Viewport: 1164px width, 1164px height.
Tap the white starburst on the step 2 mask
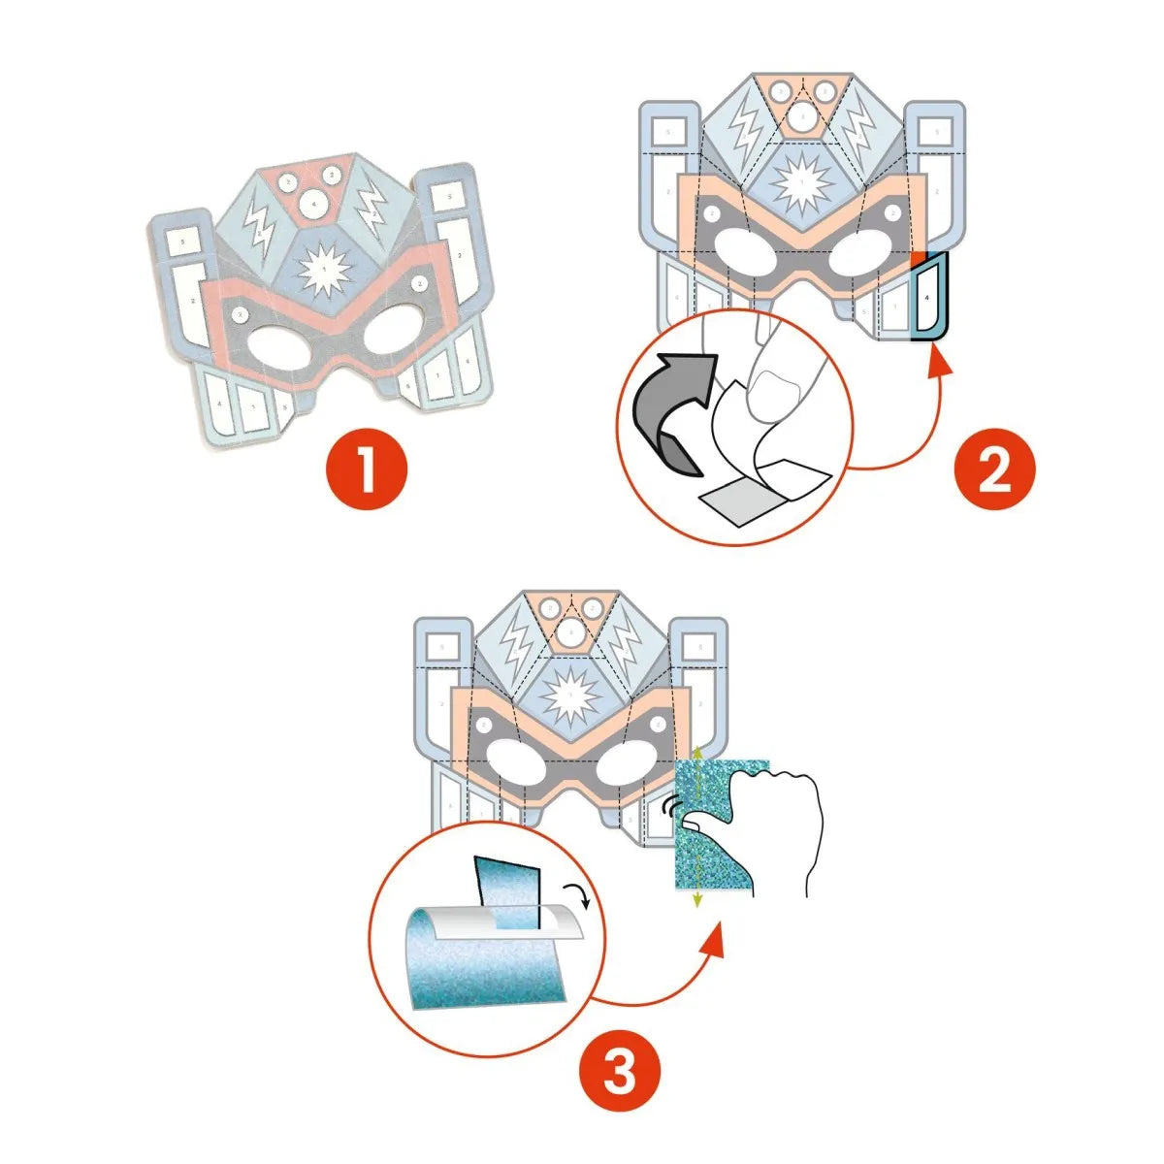(x=801, y=182)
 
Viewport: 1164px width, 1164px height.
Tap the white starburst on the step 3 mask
(x=570, y=694)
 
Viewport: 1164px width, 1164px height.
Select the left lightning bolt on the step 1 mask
(x=259, y=225)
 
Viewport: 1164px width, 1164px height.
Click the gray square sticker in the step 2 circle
(x=737, y=500)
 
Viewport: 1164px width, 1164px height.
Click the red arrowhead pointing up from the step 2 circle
(x=937, y=363)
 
